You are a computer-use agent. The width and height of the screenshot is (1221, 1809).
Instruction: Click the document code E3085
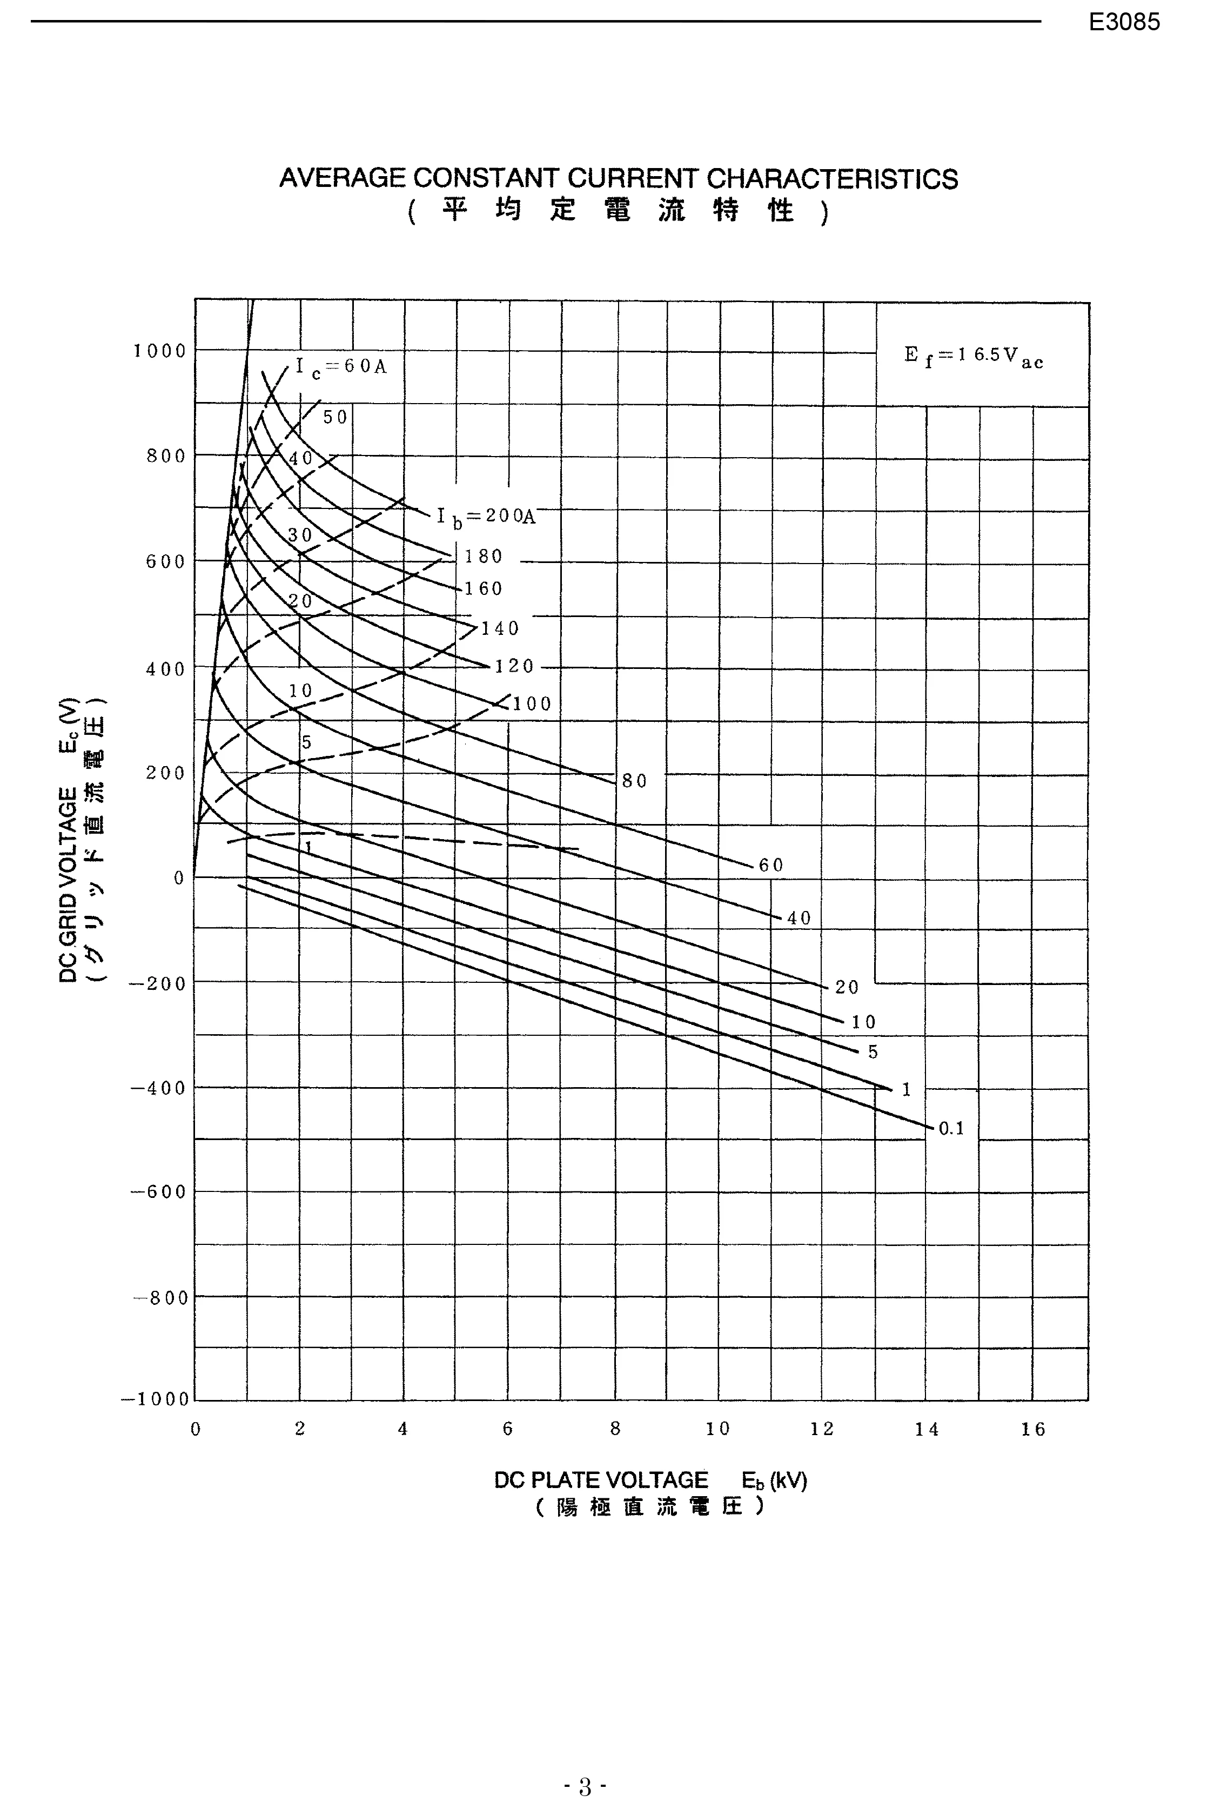coord(1124,22)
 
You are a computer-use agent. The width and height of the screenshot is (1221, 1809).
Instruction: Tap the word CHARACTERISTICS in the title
coord(832,179)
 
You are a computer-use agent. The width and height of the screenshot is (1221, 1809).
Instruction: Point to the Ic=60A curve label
coord(341,367)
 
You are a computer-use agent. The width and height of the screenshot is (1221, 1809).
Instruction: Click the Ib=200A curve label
coord(486,516)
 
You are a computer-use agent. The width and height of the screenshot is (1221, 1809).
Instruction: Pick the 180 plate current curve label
coord(483,556)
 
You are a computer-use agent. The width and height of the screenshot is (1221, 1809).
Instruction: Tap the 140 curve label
coord(500,627)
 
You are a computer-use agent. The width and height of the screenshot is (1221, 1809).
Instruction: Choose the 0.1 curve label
coord(951,1128)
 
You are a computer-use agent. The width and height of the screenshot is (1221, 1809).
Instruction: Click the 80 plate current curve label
coord(634,781)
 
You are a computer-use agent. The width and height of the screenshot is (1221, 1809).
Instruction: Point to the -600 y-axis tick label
coord(158,1192)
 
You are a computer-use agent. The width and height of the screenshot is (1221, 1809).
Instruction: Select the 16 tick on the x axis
coord(1032,1429)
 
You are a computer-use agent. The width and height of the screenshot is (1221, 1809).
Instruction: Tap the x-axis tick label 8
coord(615,1429)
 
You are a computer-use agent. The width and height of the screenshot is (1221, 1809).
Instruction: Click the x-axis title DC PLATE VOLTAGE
coord(601,1480)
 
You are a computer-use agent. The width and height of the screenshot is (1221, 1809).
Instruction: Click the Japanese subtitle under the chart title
coord(618,211)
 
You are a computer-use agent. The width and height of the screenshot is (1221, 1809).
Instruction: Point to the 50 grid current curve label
coord(336,417)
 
